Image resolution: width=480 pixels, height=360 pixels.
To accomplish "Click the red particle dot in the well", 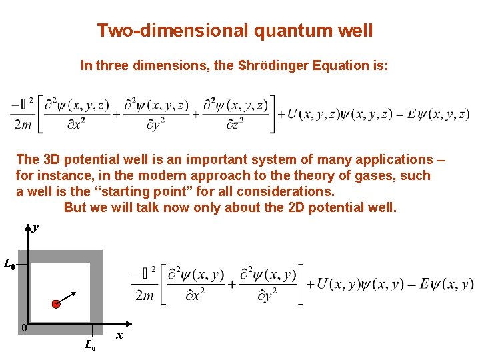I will [x=56, y=304].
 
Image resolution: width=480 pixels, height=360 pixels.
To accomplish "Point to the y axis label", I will [x=35, y=227].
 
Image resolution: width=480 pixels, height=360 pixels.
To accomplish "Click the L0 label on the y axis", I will [x=9, y=265].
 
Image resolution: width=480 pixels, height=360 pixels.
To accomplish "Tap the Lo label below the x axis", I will [x=90, y=345].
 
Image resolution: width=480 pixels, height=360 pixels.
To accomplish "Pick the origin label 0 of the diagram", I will [x=23, y=327].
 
